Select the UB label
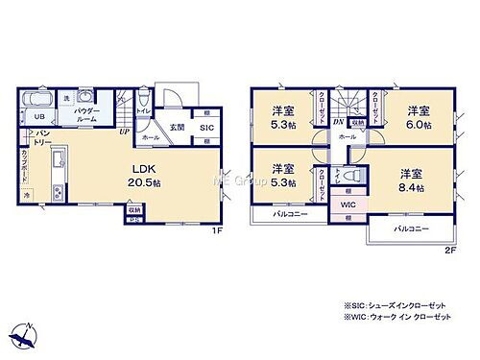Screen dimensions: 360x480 coord(40,117)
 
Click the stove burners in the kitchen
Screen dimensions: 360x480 coord(57,193)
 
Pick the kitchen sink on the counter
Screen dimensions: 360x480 coord(57,159)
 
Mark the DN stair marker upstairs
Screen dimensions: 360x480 coord(338,122)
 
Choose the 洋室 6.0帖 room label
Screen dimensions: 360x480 coord(415,115)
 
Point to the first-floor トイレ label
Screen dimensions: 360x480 coord(143,110)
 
